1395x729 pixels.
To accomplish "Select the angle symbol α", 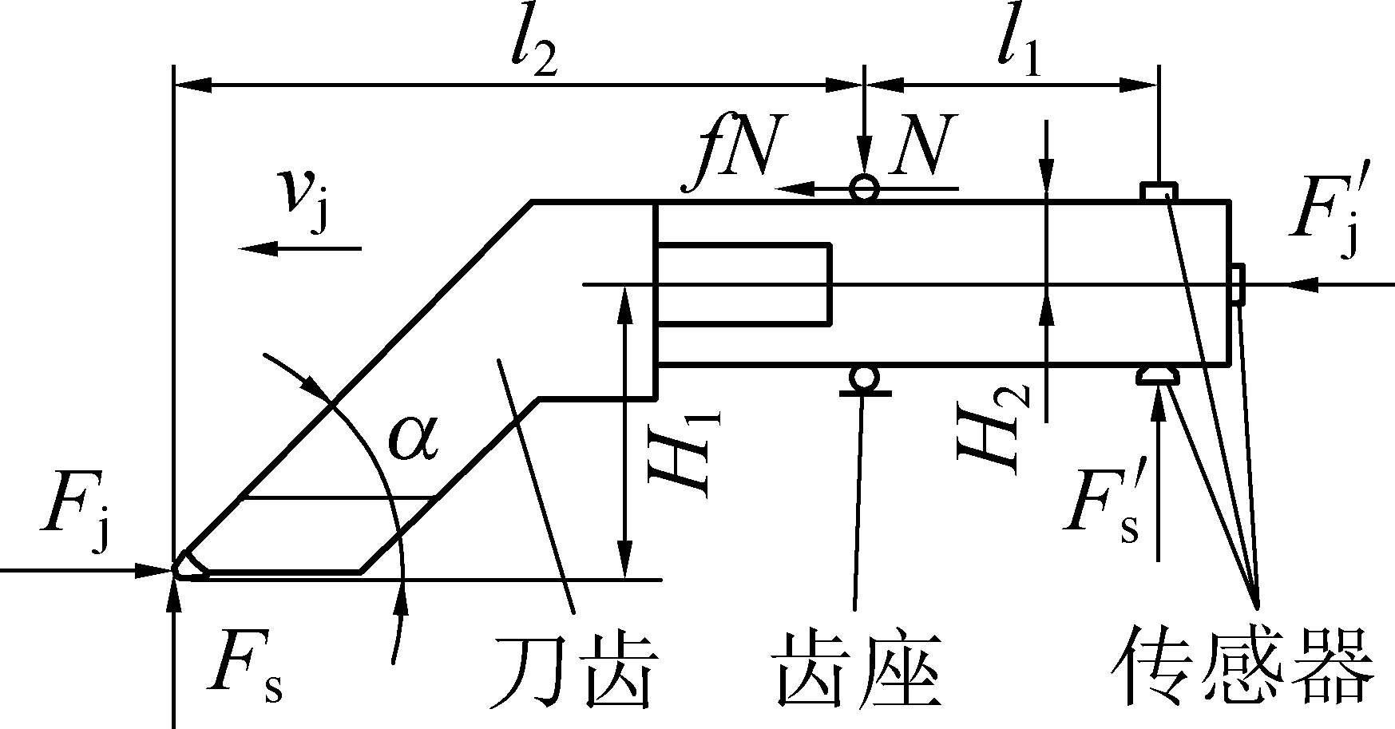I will point(413,440).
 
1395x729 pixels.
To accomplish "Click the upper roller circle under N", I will point(864,188).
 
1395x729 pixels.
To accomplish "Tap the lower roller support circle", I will point(863,378).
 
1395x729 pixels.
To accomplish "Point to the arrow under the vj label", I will point(299,249).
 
